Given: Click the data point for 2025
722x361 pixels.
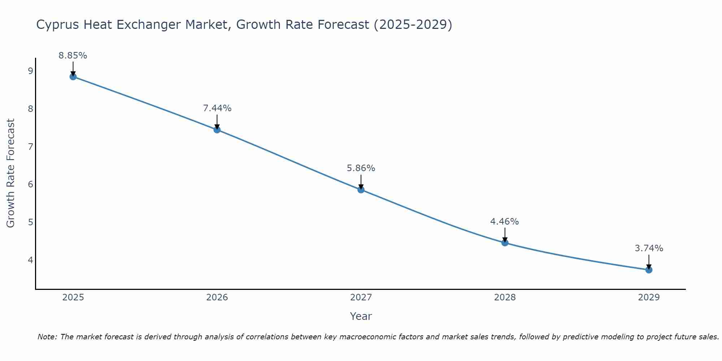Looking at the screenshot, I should coord(73,77).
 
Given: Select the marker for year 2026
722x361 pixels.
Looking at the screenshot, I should coord(217,130).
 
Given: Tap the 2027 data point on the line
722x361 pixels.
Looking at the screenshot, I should coord(361,190).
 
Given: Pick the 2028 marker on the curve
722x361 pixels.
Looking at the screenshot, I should coord(505,243).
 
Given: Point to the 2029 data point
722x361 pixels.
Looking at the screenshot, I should coord(649,270).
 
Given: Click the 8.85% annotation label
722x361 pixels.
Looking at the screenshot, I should coord(73,56).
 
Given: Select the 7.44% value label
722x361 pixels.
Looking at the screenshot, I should coord(217,108).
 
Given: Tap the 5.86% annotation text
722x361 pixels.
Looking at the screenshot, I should coord(361,168).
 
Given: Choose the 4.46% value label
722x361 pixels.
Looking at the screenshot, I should coord(504,222).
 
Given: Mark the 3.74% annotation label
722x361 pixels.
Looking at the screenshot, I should coord(649,248).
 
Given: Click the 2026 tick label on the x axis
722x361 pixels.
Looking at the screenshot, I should coord(217,297).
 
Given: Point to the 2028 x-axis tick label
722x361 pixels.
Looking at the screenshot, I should coord(505,297).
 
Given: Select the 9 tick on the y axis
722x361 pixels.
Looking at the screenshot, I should coord(30,71).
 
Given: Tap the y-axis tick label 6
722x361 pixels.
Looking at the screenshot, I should coord(30,184).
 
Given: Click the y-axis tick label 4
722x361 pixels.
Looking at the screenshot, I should coord(30,260).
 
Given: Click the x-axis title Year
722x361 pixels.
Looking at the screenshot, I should coord(361,316).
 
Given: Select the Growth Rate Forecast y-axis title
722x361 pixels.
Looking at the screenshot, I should coord(11,173).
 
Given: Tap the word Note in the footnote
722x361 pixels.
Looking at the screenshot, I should coord(47,337).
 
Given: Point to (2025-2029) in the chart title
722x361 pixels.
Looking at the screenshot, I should coord(413,25).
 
